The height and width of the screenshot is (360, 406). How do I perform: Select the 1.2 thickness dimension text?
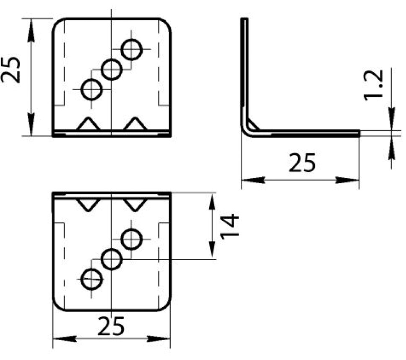pyautogui.click(x=373, y=85)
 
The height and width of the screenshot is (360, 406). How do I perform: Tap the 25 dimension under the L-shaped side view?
pyautogui.click(x=302, y=164)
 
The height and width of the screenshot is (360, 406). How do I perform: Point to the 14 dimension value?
pyautogui.click(x=230, y=225)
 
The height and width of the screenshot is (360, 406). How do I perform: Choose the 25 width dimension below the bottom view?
pyautogui.click(x=112, y=326)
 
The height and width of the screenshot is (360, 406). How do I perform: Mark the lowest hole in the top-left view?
pyautogui.click(x=91, y=89)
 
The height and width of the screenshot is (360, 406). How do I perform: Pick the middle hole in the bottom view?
pyautogui.click(x=112, y=259)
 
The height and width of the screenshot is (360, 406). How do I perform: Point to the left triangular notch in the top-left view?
pyautogui.click(x=88, y=124)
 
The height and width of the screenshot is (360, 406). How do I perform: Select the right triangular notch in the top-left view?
pyautogui.click(x=135, y=124)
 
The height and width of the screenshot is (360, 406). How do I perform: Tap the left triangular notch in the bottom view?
pyautogui.click(x=88, y=204)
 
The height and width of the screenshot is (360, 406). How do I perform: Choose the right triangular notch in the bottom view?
pyautogui.click(x=135, y=204)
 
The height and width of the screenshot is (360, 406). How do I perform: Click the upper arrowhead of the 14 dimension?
pyautogui.click(x=213, y=200)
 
